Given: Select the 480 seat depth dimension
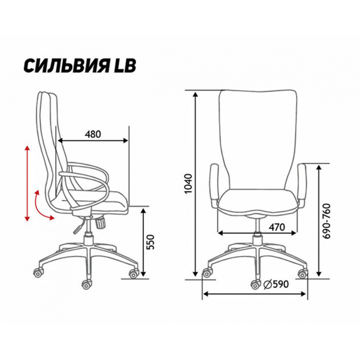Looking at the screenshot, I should [93, 134].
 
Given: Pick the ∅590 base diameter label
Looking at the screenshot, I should [276, 284].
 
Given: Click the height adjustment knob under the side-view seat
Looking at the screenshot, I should [100, 223].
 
